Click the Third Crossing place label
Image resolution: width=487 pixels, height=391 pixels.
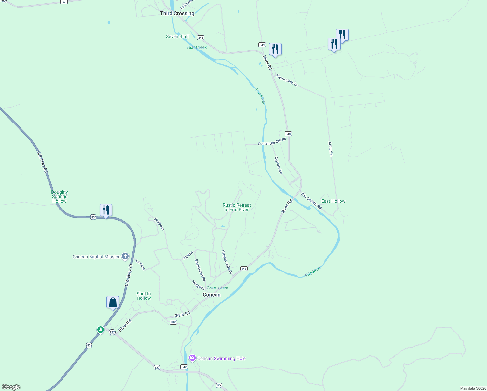177,13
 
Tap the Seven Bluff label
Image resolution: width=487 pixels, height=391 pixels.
177,36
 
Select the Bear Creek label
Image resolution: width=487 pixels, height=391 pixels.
196,47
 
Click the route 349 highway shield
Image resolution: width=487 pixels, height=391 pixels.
262,45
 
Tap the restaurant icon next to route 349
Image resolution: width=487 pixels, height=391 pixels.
275,49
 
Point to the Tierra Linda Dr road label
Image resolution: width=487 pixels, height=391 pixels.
287,80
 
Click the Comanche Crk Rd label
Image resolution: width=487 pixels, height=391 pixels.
272,142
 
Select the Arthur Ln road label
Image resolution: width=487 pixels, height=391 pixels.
330,149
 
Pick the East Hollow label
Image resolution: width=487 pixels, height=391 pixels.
333,201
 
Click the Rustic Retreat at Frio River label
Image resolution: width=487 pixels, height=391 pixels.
237,207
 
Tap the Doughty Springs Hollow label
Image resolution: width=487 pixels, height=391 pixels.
60,196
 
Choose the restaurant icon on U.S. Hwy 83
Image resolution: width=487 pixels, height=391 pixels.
106,210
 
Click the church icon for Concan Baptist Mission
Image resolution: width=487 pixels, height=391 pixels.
125,256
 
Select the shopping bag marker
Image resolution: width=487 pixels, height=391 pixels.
113,302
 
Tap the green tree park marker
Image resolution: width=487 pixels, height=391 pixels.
101,330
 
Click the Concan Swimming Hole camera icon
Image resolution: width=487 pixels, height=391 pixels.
192,358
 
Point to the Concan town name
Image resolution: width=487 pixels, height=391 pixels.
212,295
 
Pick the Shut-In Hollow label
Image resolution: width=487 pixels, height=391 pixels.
144,296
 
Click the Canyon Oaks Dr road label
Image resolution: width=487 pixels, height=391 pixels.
227,262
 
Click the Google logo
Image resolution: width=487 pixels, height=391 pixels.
11,387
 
